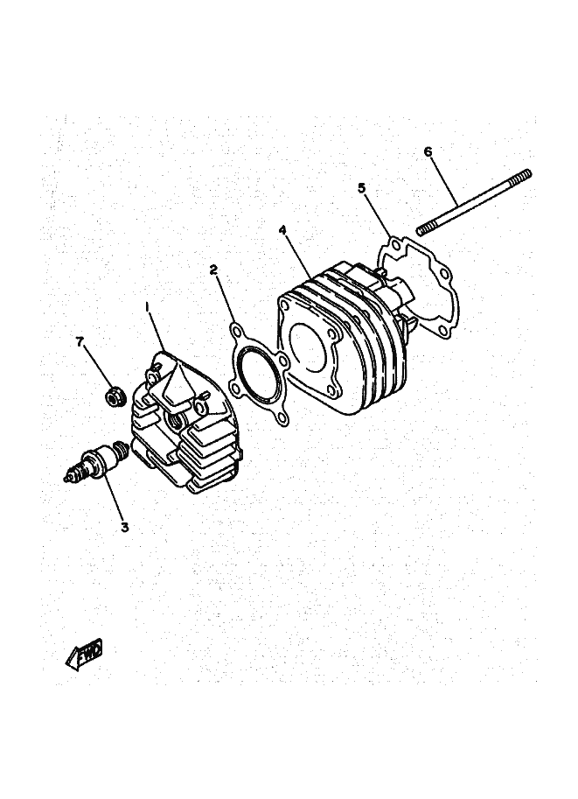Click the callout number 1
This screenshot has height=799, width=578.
pos(147,307)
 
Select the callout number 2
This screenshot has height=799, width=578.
pos(214,270)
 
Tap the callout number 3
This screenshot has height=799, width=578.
pos(125,528)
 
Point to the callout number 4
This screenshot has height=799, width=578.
pos(282,230)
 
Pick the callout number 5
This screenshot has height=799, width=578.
pos(361,188)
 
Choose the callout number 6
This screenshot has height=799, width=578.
pos(428,151)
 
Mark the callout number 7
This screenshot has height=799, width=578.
pos(80,342)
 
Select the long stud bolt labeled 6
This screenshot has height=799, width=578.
pos(474,202)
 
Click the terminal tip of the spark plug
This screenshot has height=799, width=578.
pos(66,479)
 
